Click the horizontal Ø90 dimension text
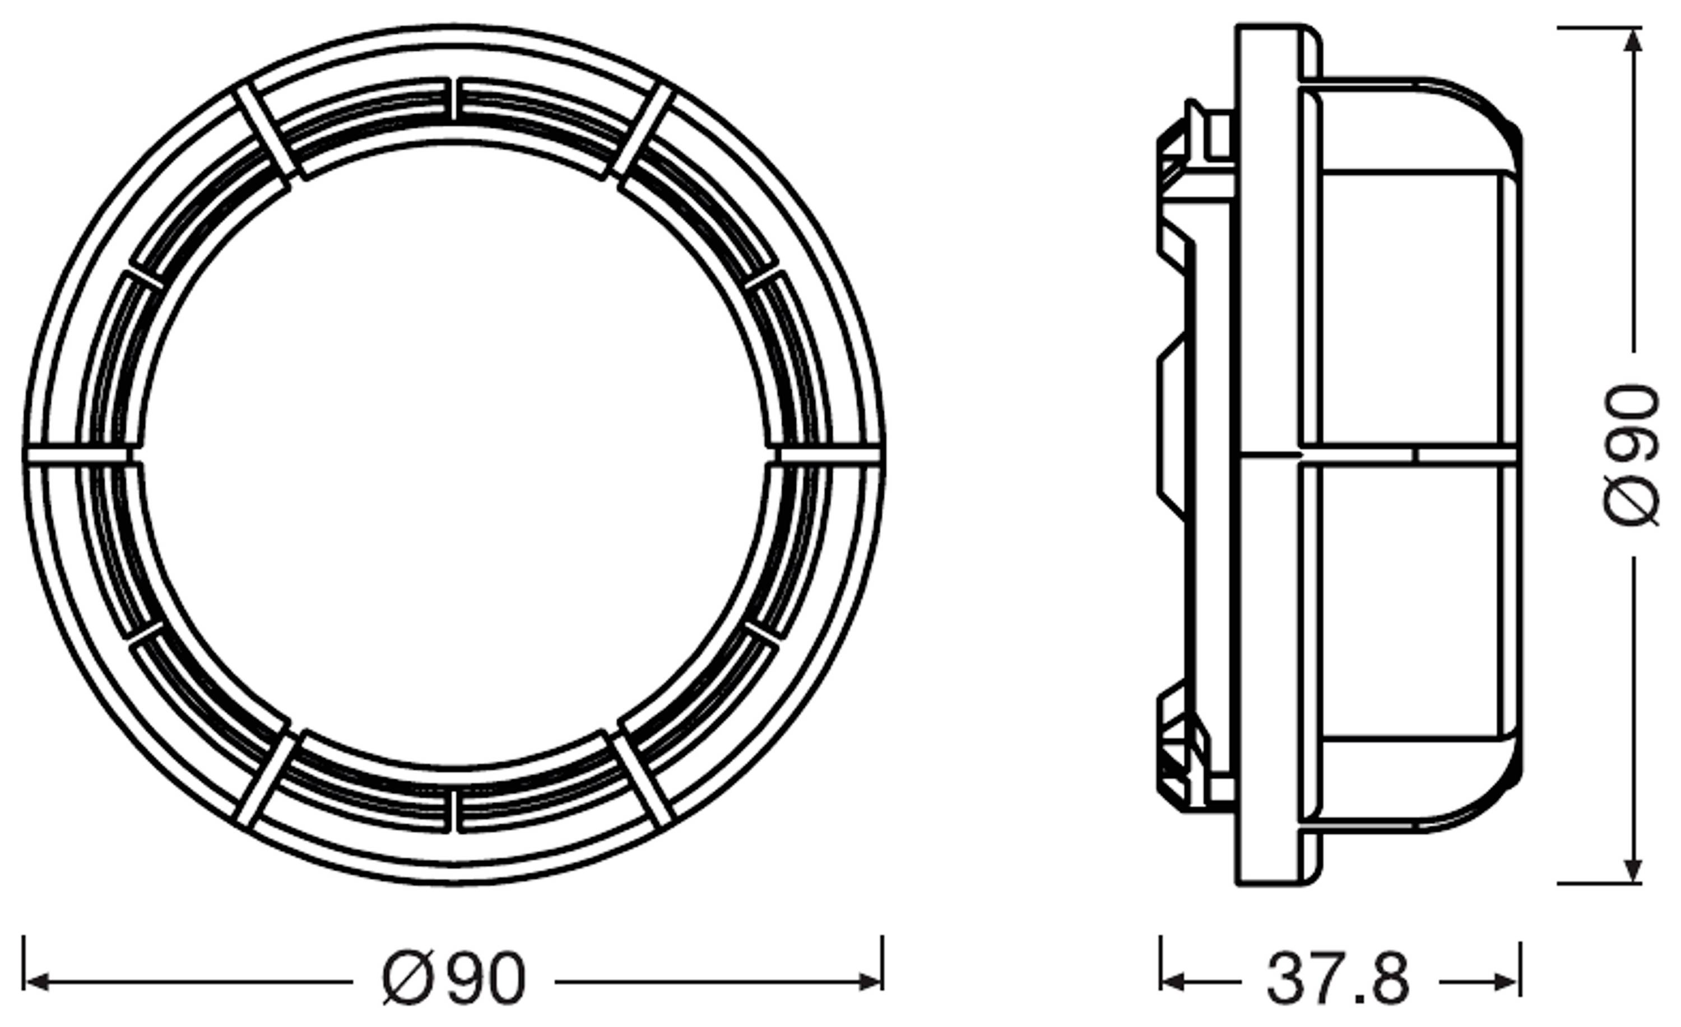click(454, 979)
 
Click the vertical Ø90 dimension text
click(1631, 454)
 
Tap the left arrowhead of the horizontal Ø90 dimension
click(35, 982)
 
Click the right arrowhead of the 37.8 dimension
click(1509, 982)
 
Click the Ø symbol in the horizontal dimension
click(407, 980)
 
